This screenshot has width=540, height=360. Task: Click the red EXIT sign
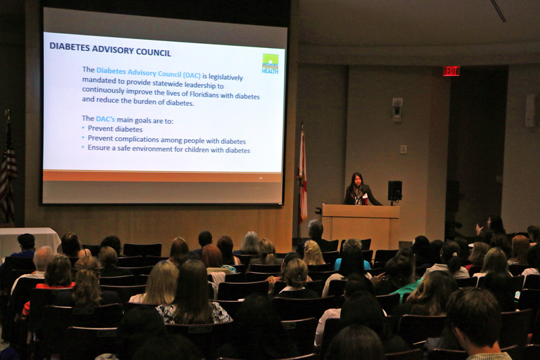pos(451,71)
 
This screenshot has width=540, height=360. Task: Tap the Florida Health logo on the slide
pos(270,63)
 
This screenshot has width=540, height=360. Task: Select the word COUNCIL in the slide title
pos(153,52)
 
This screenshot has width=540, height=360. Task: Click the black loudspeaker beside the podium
pos(395,190)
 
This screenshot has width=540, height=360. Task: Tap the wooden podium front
pos(360,224)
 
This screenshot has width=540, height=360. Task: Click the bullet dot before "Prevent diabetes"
pos(83,128)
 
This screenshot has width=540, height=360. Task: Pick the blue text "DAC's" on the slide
pos(105,119)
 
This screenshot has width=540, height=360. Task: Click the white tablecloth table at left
pos(28,240)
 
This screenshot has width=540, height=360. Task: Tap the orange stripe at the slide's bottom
pos(162,176)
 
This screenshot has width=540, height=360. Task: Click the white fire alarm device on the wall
pos(398,109)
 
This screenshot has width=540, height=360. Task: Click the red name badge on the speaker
pos(364,197)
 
